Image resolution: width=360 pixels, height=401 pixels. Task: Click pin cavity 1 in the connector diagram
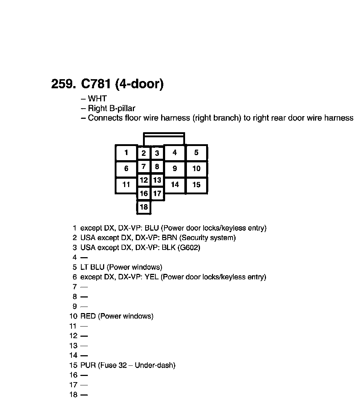pos(126,153)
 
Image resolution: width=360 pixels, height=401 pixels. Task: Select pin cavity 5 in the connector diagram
pos(196,153)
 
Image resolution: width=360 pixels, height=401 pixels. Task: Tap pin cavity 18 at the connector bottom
pos(144,207)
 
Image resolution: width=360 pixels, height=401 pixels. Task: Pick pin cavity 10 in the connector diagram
pos(196,169)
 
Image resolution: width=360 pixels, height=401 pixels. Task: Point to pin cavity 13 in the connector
pos(157,180)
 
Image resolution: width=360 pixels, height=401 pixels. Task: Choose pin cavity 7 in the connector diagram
pos(144,167)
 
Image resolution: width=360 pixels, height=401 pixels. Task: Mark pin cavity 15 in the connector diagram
pos(196,185)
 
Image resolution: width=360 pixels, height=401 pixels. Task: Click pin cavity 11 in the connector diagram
pos(126,185)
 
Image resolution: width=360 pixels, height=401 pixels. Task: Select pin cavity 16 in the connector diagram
pos(144,194)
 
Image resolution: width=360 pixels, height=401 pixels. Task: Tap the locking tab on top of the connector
pos(164,139)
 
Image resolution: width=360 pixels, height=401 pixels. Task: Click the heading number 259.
pos(64,84)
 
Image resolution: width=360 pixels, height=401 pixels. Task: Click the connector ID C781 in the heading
pos(95,84)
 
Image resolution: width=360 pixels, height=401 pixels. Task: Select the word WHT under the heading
pos(97,98)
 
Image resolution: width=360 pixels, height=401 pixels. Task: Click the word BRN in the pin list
pos(170,238)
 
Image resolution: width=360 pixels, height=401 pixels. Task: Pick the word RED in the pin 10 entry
pos(88,316)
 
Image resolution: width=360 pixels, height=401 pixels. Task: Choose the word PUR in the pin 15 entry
pos(88,365)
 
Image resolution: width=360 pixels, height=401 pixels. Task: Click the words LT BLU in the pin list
pos(93,267)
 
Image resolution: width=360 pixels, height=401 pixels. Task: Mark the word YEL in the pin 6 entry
pos(152,277)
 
